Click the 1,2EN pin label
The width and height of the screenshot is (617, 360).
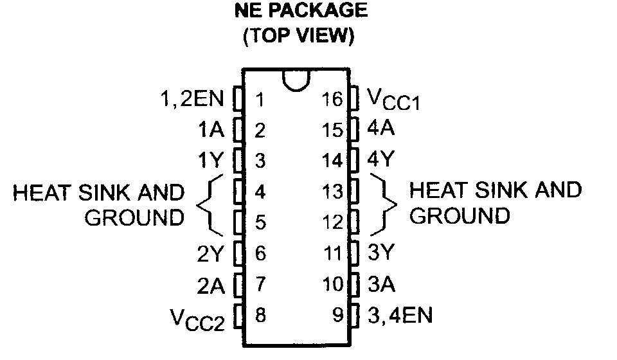[x=191, y=100]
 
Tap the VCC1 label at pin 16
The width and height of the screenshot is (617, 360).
[x=393, y=100]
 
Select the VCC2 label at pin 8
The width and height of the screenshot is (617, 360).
[x=197, y=317]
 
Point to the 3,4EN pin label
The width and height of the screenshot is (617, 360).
[x=399, y=315]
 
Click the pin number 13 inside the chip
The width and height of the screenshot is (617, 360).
[x=333, y=192]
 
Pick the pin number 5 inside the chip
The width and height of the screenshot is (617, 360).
[x=260, y=222]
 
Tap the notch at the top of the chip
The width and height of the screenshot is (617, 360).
[x=296, y=80]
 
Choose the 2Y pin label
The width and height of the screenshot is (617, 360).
[x=210, y=254]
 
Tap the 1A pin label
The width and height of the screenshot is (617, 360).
[x=211, y=130]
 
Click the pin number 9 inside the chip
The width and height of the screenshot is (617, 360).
[x=339, y=315]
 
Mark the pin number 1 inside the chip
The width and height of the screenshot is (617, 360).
[x=260, y=100]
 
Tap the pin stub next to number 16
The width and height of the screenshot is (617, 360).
[x=353, y=99]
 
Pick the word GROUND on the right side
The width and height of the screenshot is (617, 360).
[x=459, y=216]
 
